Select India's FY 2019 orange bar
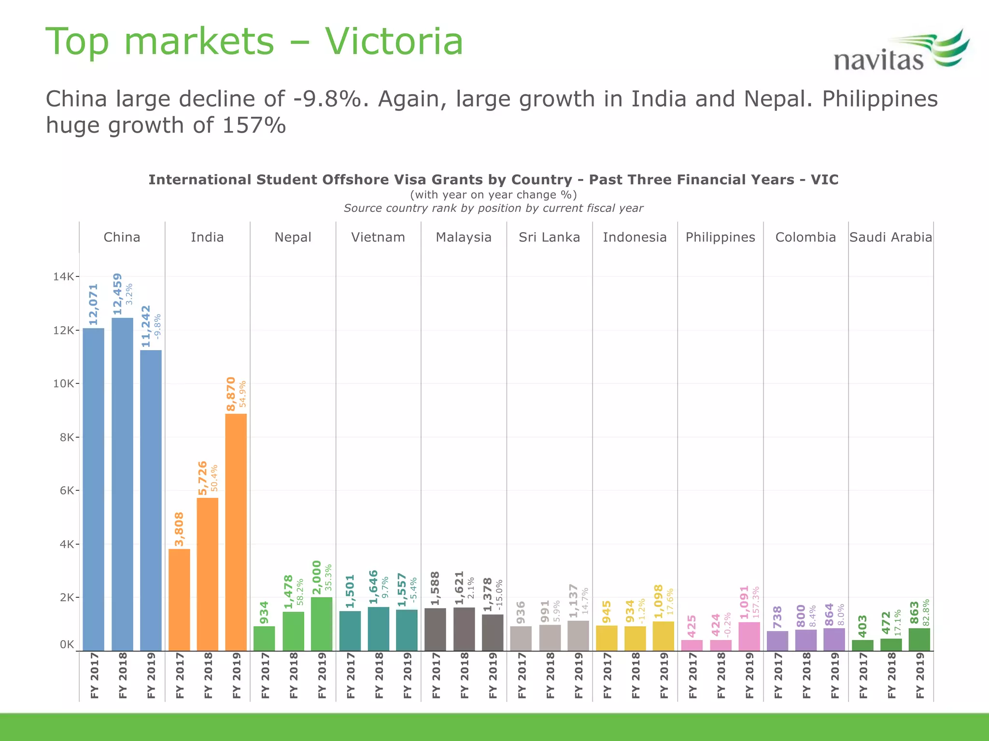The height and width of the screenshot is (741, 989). click(236, 531)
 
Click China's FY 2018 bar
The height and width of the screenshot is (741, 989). click(122, 482)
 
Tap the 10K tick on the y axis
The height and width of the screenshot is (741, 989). click(63, 384)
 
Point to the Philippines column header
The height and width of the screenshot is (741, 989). click(720, 237)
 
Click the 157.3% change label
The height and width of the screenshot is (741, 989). click(756, 602)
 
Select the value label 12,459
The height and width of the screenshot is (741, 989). click(117, 294)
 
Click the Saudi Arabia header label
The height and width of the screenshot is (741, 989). click(890, 237)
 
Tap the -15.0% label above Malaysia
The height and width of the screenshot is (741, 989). click(499, 594)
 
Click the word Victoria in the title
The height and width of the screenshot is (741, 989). click(394, 41)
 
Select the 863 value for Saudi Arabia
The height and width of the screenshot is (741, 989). click(914, 613)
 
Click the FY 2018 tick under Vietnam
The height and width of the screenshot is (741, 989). click(379, 675)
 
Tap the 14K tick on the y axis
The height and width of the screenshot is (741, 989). click(63, 277)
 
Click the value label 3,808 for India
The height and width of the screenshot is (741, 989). click(179, 529)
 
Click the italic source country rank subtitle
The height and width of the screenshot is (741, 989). click(493, 208)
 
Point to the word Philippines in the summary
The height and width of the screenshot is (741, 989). click(879, 99)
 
